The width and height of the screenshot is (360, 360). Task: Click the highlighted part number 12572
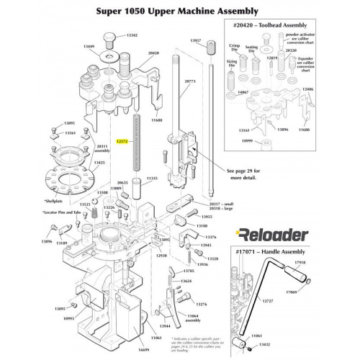coord(122,143)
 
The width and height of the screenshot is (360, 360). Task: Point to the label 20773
coord(190,81)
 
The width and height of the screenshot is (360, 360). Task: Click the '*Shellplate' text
coord(53,201)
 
